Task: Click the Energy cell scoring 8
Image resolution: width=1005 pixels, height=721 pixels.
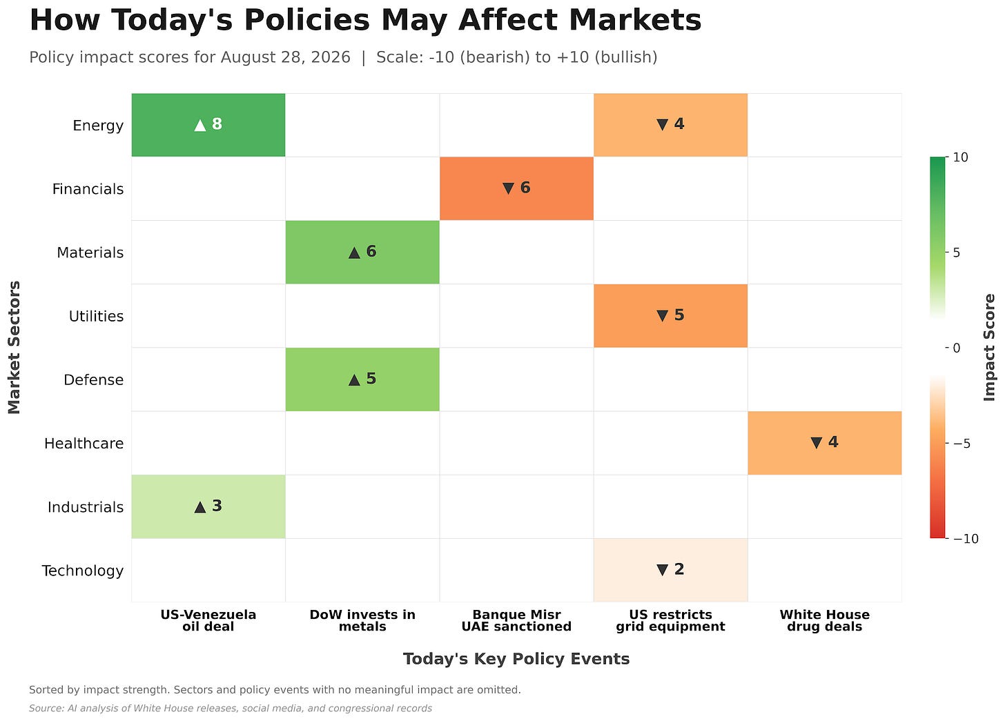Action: (208, 125)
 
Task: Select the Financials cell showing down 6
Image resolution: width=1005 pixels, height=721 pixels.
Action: (516, 189)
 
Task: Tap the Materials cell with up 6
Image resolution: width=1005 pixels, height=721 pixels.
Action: (362, 253)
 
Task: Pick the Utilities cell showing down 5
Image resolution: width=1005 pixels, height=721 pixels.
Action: (671, 316)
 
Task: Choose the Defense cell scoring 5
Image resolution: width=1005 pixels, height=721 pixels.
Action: (362, 379)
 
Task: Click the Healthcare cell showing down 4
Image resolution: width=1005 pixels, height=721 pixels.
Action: (825, 443)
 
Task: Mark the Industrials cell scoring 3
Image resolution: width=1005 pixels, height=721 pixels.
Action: (208, 506)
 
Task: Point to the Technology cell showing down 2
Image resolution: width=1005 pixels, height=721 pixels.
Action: (671, 571)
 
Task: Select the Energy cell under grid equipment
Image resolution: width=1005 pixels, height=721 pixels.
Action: (671, 125)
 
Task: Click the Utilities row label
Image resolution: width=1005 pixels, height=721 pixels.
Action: (96, 317)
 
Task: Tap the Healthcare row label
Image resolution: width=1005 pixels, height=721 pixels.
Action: (84, 444)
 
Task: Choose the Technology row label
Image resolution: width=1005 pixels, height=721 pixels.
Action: (83, 571)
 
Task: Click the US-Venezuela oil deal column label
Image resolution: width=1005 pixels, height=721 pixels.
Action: (208, 620)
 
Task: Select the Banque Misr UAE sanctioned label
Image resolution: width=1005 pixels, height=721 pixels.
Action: (516, 620)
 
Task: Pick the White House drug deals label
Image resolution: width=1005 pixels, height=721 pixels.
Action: (825, 620)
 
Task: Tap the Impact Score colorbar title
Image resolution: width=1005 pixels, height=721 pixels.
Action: (989, 348)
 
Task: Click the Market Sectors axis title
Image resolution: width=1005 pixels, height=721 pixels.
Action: (14, 348)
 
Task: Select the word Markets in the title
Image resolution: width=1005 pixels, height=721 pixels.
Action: (635, 20)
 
